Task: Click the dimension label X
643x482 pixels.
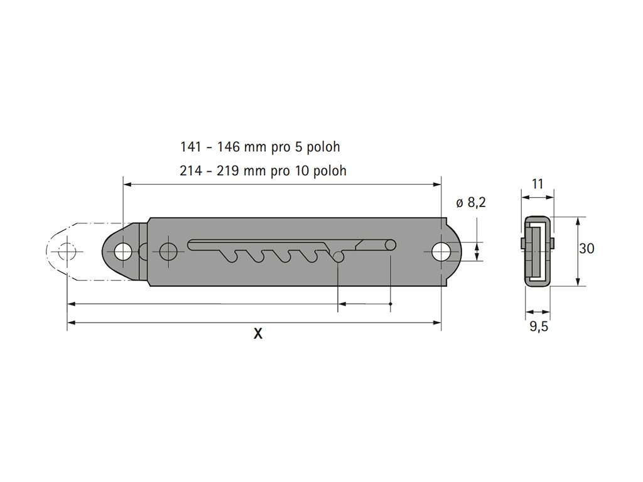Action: [257, 334]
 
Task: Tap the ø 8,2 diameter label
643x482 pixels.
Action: [471, 203]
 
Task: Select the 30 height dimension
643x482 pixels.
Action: [586, 249]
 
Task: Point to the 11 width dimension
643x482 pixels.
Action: [538, 184]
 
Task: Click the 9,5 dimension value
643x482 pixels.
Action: [539, 326]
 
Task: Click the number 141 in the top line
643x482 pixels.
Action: [191, 147]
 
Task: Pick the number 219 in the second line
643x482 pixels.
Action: [227, 171]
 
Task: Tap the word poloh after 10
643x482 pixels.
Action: [330, 171]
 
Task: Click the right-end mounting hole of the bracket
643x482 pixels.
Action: [441, 252]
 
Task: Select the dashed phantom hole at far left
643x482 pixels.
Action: [67, 252]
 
